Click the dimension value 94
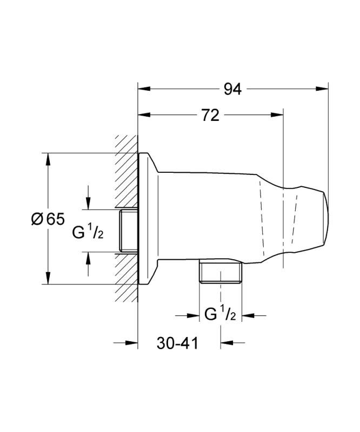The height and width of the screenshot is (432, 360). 232,89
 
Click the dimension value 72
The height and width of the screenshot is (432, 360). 210,115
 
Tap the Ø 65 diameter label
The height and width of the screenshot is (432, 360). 48,219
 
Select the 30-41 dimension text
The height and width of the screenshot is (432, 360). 177,343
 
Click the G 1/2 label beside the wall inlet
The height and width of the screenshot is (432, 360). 88,232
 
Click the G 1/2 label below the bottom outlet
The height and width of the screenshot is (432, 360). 220,314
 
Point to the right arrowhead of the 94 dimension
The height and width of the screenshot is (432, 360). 322,89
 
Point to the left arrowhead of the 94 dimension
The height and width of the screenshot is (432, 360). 144,89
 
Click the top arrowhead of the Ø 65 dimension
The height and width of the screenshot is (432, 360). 48,159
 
